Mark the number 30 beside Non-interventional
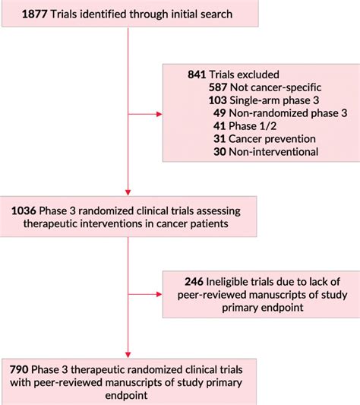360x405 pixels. pos(221,151)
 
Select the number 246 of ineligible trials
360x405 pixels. pos(197,280)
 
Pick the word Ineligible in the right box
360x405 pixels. pos(235,280)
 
